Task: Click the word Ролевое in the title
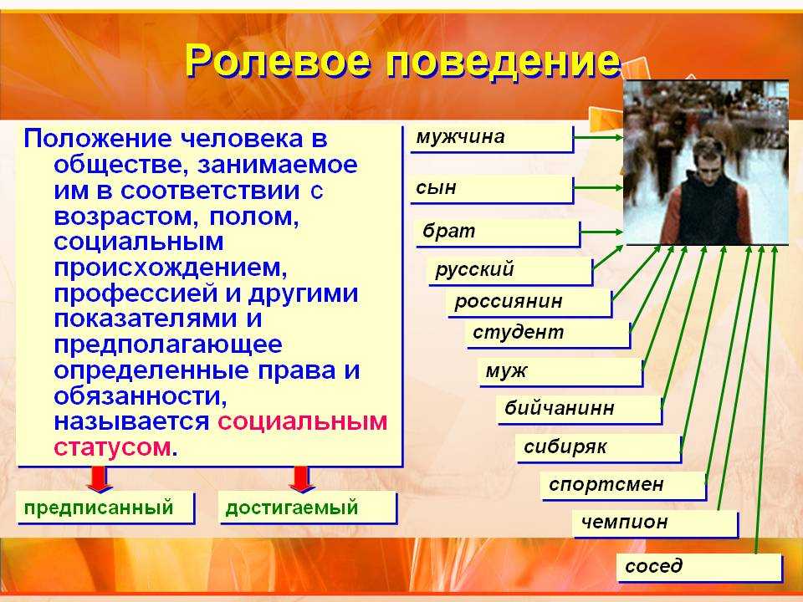pyautogui.click(x=277, y=60)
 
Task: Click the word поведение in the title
pyautogui.click(x=503, y=60)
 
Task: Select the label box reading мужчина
pyautogui.click(x=492, y=138)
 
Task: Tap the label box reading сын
pyautogui.click(x=492, y=189)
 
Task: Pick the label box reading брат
pyautogui.click(x=499, y=233)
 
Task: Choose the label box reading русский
pyautogui.click(x=510, y=270)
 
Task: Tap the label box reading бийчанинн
pyautogui.click(x=579, y=410)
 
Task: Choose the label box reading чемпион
pyautogui.click(x=656, y=523)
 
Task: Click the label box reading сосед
pyautogui.click(x=699, y=567)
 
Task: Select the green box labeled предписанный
pyautogui.click(x=105, y=508)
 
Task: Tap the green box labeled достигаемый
pyautogui.click(x=308, y=508)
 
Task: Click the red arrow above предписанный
pyautogui.click(x=99, y=479)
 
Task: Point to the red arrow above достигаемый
pyautogui.click(x=302, y=479)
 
